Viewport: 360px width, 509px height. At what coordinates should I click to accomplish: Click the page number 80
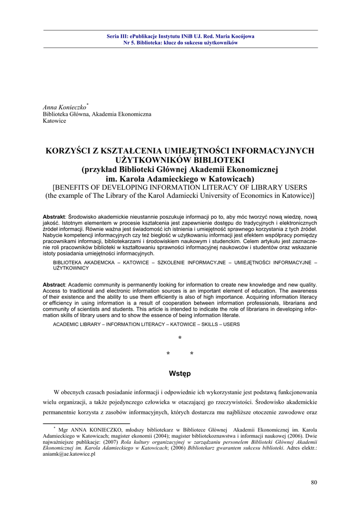[314, 482]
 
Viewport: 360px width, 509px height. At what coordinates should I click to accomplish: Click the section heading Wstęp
[180, 373]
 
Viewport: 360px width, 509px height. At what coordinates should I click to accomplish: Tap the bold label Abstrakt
[54, 217]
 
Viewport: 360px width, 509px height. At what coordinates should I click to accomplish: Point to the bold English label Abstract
[54, 285]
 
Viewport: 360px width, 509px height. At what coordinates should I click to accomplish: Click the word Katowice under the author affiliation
[54, 121]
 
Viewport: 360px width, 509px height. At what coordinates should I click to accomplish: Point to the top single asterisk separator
[180, 339]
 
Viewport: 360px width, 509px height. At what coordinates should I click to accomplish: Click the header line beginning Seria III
[180, 36]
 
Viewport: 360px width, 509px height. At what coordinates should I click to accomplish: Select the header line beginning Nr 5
[180, 43]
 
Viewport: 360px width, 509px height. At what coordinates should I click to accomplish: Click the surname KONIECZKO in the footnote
[103, 428]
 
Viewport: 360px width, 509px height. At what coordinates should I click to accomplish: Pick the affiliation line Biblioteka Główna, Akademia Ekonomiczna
[97, 114]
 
